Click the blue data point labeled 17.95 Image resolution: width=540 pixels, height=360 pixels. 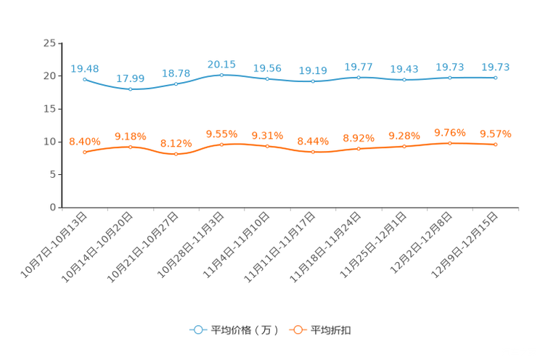click(130, 89)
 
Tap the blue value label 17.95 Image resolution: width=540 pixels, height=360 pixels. click(130, 78)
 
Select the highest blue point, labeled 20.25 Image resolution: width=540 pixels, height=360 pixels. click(221, 74)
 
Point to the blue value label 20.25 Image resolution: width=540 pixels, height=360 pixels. click(221, 64)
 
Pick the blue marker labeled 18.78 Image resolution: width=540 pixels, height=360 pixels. click(176, 83)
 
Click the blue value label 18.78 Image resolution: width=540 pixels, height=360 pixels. click(176, 73)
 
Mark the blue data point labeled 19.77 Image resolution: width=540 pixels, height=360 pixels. click(359, 77)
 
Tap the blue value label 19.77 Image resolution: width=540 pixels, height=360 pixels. click(359, 67)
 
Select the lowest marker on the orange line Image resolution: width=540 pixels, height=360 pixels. click(176, 155)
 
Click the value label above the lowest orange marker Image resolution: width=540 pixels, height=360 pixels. click(176, 143)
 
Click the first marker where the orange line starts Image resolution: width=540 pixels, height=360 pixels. click(85, 152)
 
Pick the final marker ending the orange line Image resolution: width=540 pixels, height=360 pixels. click(496, 145)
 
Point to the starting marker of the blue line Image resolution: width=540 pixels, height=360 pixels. click(85, 78)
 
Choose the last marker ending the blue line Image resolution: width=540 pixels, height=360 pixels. click(496, 77)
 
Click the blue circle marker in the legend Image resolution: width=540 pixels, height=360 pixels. click(197, 330)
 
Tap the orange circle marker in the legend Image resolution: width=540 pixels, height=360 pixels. click(297, 330)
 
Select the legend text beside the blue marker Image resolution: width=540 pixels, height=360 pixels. click(244, 330)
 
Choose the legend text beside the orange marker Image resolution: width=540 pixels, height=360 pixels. click(331, 330)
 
